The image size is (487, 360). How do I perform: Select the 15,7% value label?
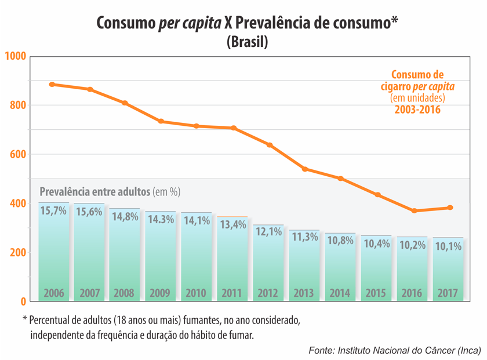53,211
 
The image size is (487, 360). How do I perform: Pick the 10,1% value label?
448,246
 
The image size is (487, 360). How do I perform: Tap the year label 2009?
160,293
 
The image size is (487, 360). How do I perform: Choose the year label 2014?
340,293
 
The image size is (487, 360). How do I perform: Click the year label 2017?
448,293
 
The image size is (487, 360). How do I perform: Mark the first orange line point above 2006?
52,84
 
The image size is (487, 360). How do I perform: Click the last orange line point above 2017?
450,208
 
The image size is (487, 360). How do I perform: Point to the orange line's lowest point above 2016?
415,210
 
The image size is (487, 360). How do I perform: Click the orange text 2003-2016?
417,110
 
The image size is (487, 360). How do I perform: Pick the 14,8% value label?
124,216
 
